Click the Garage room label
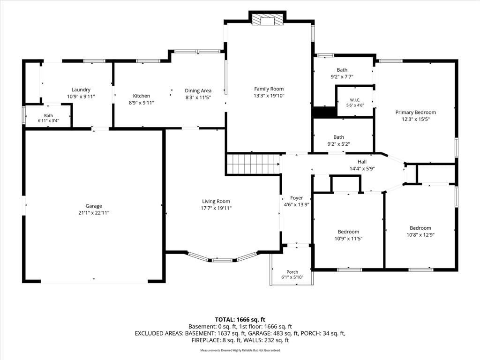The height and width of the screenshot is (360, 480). (94, 206)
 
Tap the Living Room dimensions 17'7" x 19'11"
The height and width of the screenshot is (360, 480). (216, 208)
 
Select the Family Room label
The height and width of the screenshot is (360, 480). (269, 89)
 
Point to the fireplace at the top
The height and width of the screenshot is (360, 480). (267, 19)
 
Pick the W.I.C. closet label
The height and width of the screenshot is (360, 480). (355, 100)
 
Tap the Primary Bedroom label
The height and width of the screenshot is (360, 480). (415, 112)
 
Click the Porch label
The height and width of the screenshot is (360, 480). (292, 272)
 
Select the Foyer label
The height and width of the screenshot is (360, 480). (296, 198)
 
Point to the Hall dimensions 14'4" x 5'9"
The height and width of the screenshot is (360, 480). (362, 169)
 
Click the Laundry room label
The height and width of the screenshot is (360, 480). (81, 90)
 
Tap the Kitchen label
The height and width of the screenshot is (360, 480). (142, 96)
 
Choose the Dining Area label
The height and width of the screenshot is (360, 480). (198, 90)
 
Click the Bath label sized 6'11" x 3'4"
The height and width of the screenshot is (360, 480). (48, 115)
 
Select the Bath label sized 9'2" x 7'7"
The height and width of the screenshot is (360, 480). (342, 70)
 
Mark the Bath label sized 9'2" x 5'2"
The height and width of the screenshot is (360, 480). (338, 137)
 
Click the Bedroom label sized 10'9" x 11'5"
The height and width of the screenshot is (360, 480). (348, 232)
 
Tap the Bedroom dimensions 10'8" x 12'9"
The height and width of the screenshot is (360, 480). (420, 235)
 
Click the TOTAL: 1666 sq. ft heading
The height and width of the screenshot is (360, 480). (240, 320)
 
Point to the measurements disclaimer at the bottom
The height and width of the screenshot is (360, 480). (240, 350)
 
